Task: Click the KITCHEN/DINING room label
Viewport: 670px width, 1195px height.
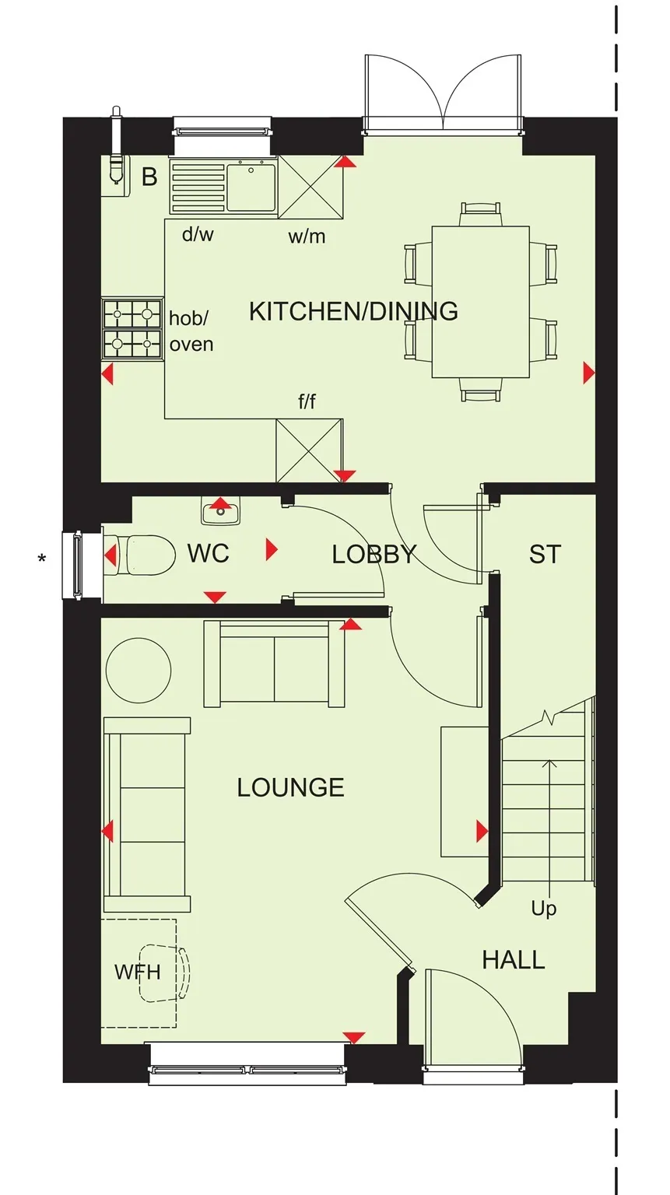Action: pos(353,311)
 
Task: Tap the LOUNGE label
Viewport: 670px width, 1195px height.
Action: pos(291,787)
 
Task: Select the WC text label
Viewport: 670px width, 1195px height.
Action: pos(209,554)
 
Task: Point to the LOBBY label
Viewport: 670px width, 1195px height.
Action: pos(374,555)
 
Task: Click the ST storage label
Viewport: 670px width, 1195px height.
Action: pos(545,554)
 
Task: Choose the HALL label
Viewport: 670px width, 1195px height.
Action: pos(514,960)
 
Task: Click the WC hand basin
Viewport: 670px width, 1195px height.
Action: pos(221,510)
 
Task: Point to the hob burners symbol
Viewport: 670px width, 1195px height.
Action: pos(133,329)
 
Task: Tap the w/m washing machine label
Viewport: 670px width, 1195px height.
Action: pos(307,236)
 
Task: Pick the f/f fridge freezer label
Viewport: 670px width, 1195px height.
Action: pos(307,401)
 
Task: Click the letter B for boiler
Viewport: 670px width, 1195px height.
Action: pos(150,177)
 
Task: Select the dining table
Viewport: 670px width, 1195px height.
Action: pos(481,301)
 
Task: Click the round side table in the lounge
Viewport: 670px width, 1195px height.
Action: pos(139,671)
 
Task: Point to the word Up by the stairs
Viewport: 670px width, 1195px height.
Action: pos(544,909)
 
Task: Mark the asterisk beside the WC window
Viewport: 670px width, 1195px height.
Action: pos(41,559)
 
